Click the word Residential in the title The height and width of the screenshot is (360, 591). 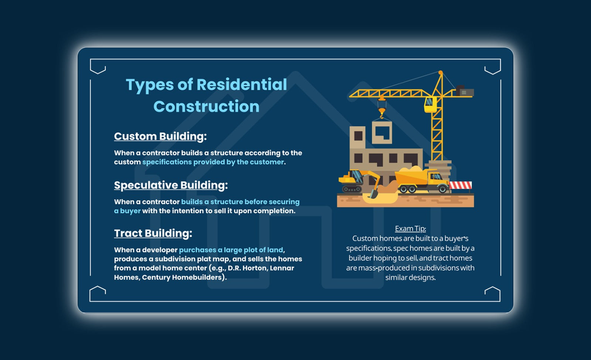point(242,85)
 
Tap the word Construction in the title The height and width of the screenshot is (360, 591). point(206,107)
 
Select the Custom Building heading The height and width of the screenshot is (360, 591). point(160,137)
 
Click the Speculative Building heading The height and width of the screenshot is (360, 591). point(171,185)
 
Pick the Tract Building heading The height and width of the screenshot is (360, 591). point(153,233)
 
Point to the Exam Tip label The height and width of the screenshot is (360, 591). point(410,229)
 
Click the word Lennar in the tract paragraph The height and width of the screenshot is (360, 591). point(282,268)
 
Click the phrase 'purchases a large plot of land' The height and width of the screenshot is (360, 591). point(231,250)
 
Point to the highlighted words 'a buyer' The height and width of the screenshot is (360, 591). point(127,211)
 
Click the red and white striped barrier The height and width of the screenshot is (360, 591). point(460,185)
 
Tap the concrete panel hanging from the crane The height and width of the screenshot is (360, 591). point(382,133)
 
